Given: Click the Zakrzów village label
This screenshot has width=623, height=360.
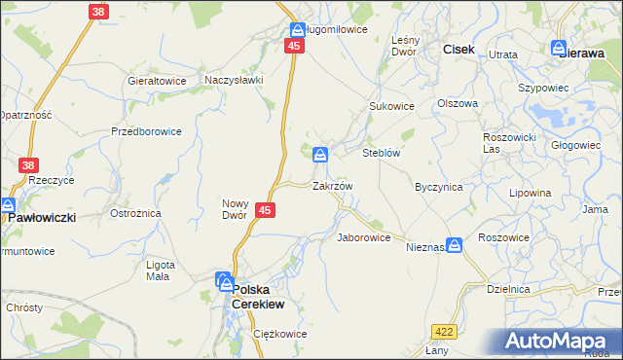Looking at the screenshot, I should [332, 185].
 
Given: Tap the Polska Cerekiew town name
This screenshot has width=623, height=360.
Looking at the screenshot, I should [266, 296].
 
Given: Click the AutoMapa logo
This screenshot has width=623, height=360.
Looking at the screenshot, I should [563, 341].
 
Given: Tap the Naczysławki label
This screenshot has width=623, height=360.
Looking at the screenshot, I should [234, 80].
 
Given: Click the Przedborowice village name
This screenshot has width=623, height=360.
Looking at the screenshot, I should [146, 130].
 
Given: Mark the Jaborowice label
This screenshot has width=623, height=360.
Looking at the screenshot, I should [363, 237].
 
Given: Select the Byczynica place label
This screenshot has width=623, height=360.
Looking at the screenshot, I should [437, 185].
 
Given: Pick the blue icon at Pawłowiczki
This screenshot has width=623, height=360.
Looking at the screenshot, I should [8, 205].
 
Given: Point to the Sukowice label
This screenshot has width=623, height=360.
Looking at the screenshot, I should [391, 105].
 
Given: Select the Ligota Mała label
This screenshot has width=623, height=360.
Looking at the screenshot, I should [159, 270].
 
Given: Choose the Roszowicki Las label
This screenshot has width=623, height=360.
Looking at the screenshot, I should [509, 143].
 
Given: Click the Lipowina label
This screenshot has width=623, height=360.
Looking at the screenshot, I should [530, 193].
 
